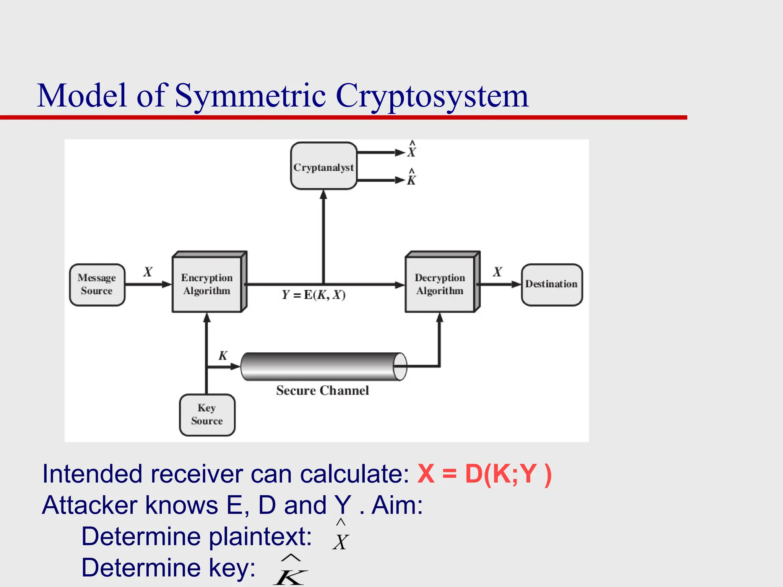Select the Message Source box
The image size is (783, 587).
click(x=97, y=284)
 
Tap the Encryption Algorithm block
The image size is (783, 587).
click(x=207, y=284)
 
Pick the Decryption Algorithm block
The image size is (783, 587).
click(x=440, y=284)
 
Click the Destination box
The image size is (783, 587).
click(x=551, y=284)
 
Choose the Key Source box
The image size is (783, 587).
click(x=207, y=415)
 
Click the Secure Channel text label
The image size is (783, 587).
click(x=322, y=390)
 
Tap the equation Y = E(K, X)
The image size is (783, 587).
click(x=314, y=295)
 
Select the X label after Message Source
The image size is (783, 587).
click(x=148, y=272)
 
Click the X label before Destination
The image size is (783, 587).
click(x=497, y=272)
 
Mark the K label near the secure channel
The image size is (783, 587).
click(x=223, y=356)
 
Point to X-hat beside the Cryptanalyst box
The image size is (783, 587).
click(x=411, y=150)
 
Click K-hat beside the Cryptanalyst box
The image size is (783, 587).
click(x=411, y=177)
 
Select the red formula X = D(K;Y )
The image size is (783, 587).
click(x=484, y=474)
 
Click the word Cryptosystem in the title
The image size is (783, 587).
click(x=432, y=96)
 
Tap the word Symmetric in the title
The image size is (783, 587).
click(x=250, y=96)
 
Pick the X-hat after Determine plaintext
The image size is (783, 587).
click(x=340, y=536)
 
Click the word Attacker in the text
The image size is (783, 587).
click(x=89, y=505)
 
